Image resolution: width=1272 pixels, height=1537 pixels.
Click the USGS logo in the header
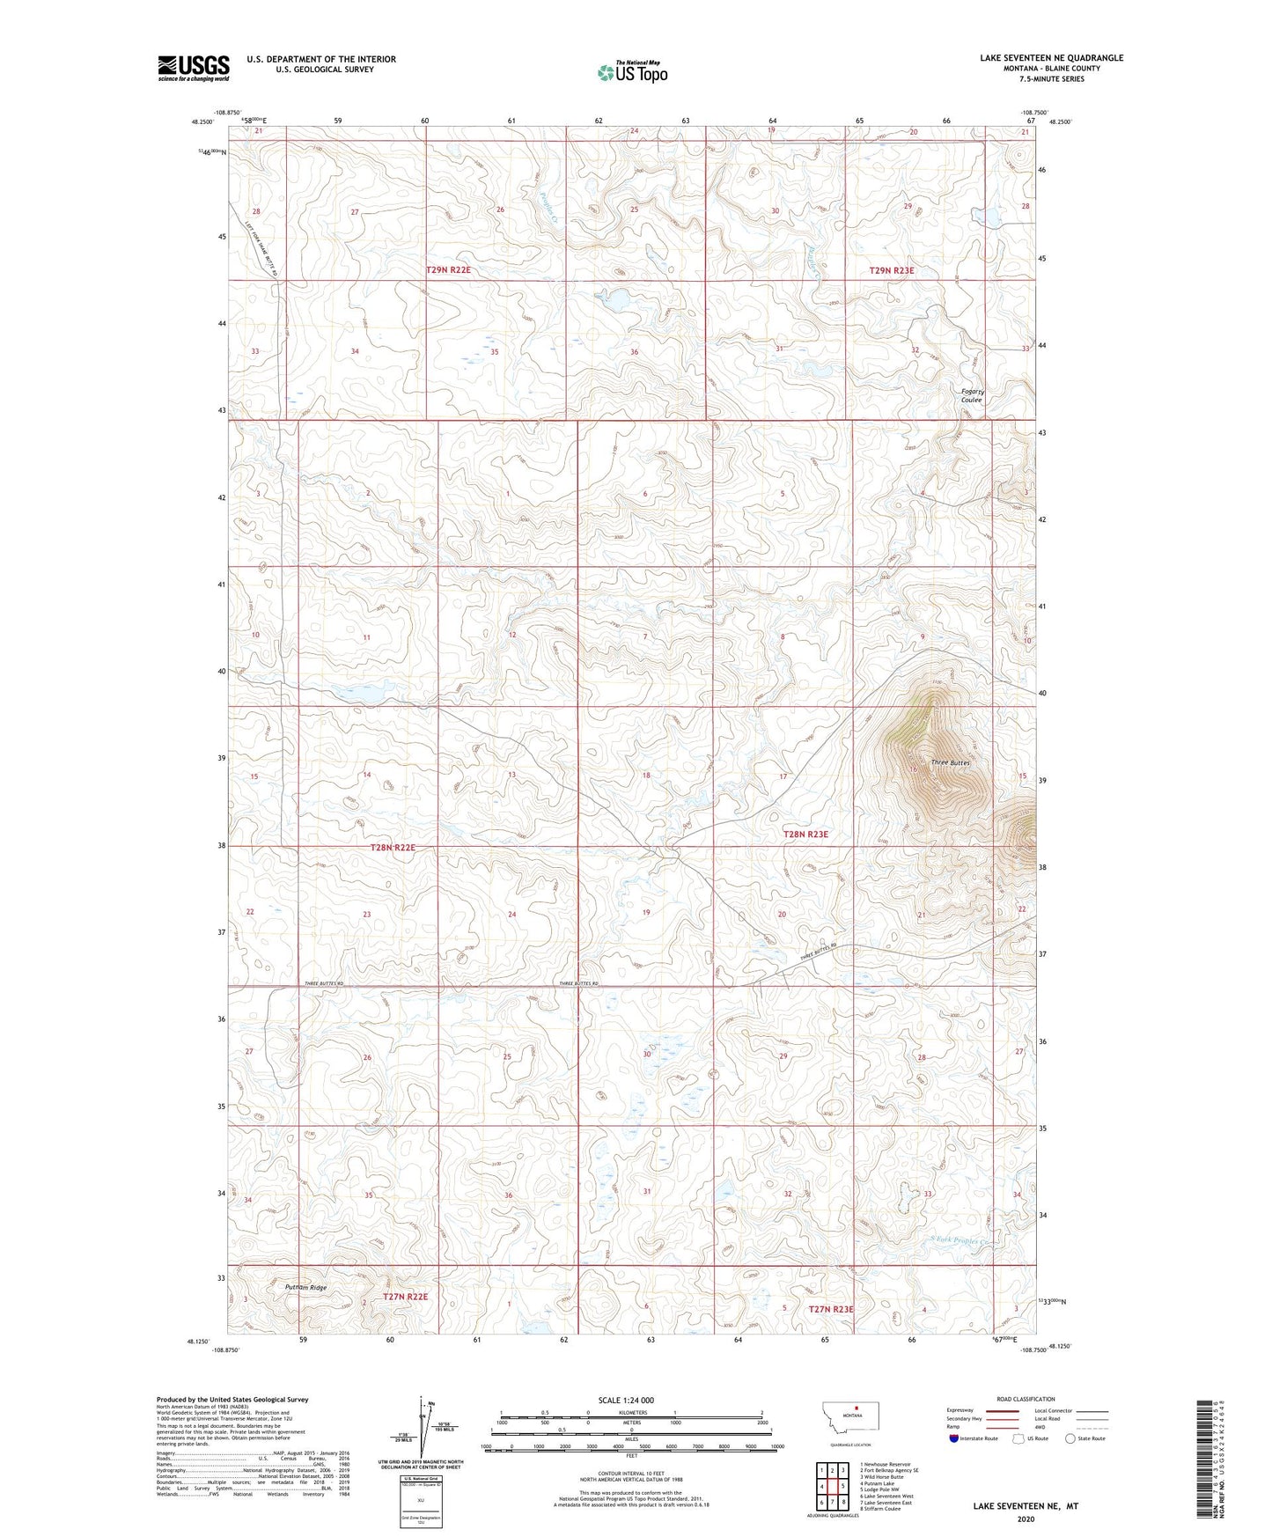click(x=193, y=67)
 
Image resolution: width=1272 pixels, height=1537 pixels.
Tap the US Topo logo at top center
click(x=632, y=72)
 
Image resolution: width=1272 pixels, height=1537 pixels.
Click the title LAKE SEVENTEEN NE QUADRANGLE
click(x=1051, y=58)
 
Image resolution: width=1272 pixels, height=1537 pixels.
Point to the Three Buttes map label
click(x=950, y=762)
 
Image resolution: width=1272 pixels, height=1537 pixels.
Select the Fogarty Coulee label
click(x=972, y=395)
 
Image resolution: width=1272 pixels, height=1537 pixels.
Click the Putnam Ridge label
click(x=305, y=1287)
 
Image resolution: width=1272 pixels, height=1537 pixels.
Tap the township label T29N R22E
click(x=448, y=270)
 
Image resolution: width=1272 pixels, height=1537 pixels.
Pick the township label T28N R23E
click(x=805, y=834)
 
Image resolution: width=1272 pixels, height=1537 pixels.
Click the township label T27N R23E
click(x=830, y=1309)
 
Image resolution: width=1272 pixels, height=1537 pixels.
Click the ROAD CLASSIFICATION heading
click(x=1026, y=1399)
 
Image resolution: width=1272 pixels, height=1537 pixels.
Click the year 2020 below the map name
click(x=1025, y=1519)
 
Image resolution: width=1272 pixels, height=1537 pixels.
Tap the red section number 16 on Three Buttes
click(x=913, y=769)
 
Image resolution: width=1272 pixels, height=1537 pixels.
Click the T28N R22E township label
click(x=392, y=847)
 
